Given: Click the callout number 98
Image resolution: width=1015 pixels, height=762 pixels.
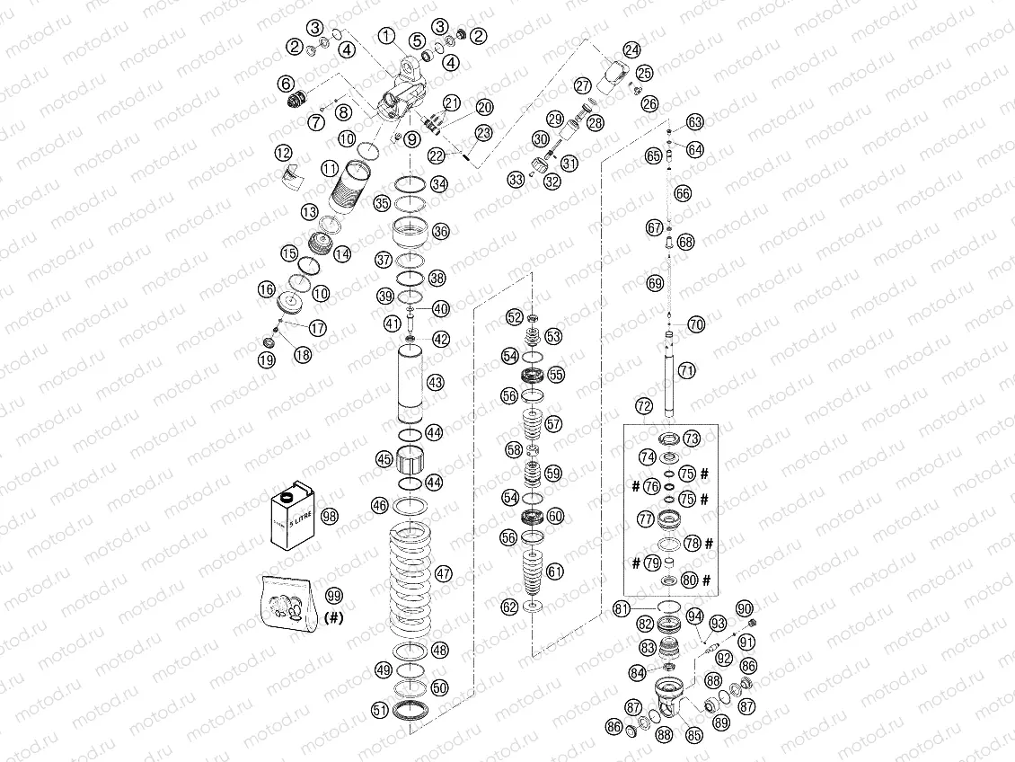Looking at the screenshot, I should click(x=330, y=516).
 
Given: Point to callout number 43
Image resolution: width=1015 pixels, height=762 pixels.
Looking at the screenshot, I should click(x=436, y=383).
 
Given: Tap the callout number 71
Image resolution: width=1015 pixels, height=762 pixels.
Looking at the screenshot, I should click(x=687, y=369).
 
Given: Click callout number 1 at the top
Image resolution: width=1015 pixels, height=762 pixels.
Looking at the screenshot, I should click(x=386, y=36).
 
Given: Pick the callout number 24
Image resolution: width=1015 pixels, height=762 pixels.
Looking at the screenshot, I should click(x=632, y=49).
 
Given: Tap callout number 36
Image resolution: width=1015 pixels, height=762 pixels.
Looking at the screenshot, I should click(x=440, y=231).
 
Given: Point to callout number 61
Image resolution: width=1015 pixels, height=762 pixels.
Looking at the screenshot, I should click(x=556, y=571).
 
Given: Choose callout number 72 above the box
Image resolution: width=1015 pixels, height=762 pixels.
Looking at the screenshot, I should click(x=643, y=406).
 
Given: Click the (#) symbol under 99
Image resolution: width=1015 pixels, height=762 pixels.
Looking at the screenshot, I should click(x=333, y=617).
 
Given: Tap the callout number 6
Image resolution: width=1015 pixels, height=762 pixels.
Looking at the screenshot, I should click(x=287, y=84).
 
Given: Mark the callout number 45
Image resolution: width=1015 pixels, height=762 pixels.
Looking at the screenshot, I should click(x=384, y=459).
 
